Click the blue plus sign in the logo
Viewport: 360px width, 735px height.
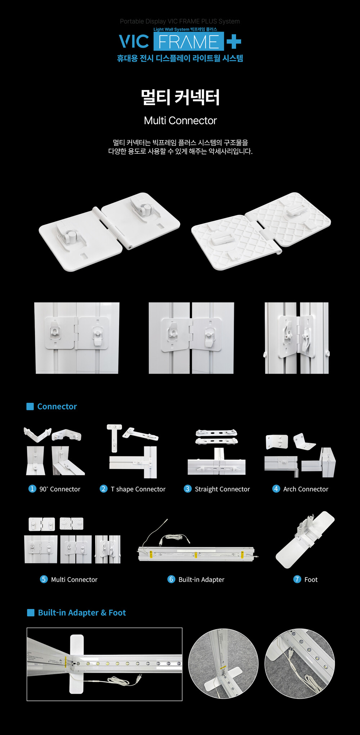(234, 41)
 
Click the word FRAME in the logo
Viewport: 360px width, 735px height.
(189, 42)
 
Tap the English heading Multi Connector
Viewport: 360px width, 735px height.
(180, 121)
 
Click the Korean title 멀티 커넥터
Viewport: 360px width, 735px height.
(180, 97)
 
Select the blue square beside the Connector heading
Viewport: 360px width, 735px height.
(30, 406)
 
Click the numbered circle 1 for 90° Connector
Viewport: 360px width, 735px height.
(32, 488)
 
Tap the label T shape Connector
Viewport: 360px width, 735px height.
(138, 489)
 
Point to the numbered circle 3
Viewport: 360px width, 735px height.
(188, 488)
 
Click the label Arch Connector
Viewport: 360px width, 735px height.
(306, 489)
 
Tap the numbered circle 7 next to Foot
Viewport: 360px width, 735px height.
(297, 579)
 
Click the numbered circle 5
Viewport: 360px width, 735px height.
(44, 579)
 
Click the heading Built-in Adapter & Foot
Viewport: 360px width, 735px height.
(82, 613)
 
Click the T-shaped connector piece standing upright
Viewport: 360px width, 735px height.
(114, 437)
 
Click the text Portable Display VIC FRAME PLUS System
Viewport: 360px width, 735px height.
(180, 21)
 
